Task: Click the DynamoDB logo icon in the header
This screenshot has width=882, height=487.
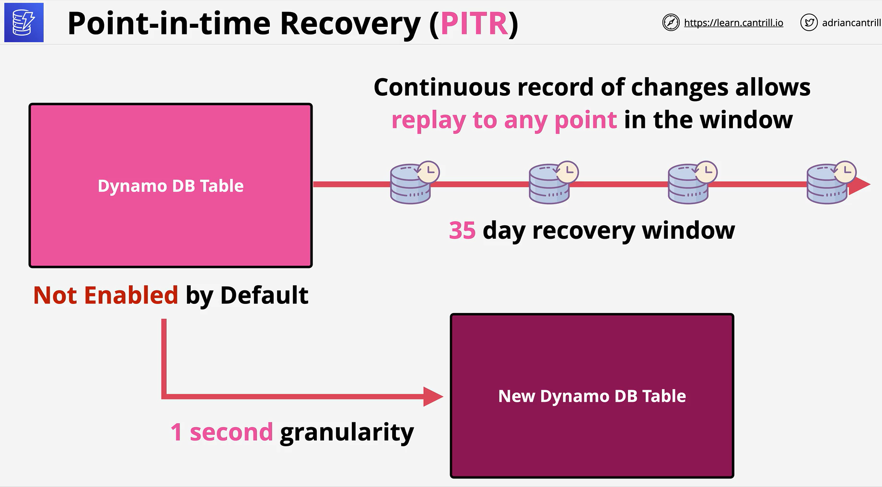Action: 24,23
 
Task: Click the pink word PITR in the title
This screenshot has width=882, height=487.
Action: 474,23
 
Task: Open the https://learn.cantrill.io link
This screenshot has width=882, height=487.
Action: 733,23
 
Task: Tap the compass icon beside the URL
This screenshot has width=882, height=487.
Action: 671,23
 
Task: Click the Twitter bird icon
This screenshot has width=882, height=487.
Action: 809,23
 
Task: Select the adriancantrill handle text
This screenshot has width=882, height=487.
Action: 851,23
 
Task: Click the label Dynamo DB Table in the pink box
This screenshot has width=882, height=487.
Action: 171,186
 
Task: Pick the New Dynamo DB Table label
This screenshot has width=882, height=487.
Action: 592,396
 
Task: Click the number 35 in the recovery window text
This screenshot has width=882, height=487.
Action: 462,231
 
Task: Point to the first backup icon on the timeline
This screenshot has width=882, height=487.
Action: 415,183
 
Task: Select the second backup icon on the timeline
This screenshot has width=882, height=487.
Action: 554,183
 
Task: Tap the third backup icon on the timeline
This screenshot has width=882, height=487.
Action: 693,183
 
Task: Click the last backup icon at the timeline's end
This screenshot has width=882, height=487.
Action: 832,183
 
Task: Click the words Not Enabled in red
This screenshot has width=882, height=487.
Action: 105,295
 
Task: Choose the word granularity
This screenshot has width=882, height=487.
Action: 347,433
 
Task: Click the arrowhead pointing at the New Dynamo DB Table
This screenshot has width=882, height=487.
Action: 433,396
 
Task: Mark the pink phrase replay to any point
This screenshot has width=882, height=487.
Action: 504,121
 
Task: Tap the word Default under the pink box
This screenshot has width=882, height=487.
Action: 264,295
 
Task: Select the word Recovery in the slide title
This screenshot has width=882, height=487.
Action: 350,23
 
